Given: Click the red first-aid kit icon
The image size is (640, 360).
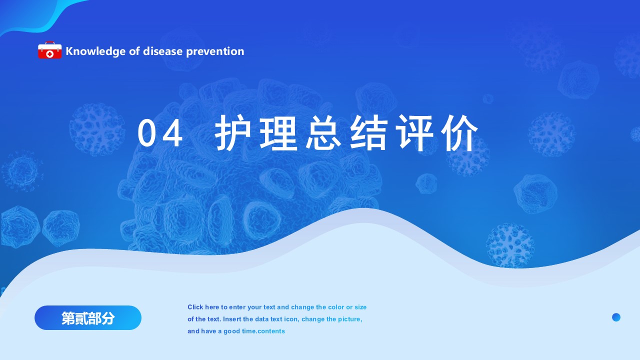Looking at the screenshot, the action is (x=49, y=50).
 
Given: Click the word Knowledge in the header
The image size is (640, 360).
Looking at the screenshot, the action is (x=95, y=51).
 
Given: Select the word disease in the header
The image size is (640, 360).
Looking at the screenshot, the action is (x=162, y=51).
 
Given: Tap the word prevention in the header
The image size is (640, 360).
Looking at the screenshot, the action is (x=215, y=51).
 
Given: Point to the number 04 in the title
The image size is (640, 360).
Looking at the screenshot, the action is (x=159, y=133).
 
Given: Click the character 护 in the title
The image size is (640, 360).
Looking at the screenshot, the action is (x=232, y=132).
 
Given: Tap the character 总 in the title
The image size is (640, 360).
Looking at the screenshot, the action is (x=323, y=132).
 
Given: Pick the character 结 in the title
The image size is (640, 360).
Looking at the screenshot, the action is (x=369, y=132).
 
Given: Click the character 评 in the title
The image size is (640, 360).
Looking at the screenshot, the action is (x=414, y=132).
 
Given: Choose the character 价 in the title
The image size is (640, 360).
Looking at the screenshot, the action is (x=459, y=132).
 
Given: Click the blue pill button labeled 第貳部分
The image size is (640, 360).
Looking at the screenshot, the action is (x=88, y=317).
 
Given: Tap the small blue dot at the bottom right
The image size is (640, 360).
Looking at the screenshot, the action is (x=616, y=317).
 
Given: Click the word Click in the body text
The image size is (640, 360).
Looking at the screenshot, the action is (x=195, y=307).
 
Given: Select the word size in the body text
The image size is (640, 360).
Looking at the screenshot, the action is (x=360, y=307).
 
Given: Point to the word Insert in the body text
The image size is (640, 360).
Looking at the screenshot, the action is (x=232, y=319).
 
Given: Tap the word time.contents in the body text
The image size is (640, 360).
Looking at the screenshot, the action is (x=263, y=331).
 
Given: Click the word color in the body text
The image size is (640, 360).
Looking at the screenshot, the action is (x=336, y=307).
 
